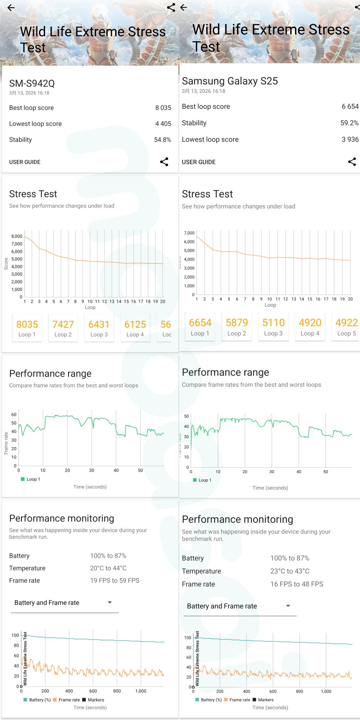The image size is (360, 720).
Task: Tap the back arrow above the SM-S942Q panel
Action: pos(11,8)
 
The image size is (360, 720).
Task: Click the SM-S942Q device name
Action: pos(32,84)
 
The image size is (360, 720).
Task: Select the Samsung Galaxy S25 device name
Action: pos(230,81)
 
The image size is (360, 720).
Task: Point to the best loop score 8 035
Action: pos(163,108)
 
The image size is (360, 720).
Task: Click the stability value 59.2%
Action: pos(349,123)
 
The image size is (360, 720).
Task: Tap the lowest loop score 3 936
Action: pos(350,139)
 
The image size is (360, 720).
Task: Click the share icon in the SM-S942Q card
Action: pos(164,162)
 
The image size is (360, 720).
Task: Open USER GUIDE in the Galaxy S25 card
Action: pos(198,162)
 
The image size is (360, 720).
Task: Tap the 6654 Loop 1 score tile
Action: pos(200,327)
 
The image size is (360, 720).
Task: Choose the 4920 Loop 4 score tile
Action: pos(310,327)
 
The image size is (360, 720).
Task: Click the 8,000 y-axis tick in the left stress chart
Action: pos(17,236)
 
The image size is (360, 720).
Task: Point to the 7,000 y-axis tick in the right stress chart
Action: pos(189,233)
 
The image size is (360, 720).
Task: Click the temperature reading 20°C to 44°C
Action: pos(108,568)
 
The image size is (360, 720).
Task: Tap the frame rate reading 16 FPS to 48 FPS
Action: pos(297,584)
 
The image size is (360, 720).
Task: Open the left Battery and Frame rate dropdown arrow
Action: pos(110,602)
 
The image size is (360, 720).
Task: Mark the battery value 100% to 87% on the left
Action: pos(108,556)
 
